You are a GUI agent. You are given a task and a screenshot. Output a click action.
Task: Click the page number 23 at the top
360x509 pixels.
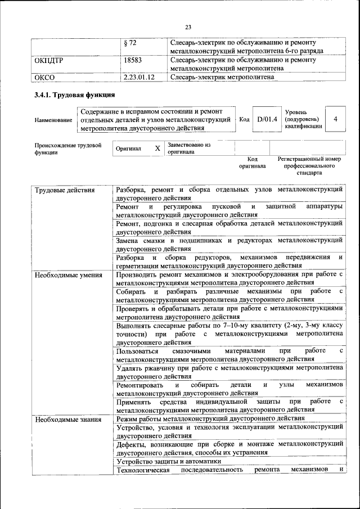pyautogui.click(x=188, y=26)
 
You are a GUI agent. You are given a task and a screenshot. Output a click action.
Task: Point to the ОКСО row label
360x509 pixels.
pyautogui.click(x=45, y=77)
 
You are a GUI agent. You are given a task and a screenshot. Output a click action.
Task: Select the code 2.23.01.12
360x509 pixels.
pyautogui.click(x=141, y=77)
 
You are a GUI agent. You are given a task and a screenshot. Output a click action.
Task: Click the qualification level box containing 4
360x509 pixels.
pyautogui.click(x=335, y=119)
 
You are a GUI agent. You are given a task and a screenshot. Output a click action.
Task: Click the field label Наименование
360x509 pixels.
pyautogui.click(x=53, y=120)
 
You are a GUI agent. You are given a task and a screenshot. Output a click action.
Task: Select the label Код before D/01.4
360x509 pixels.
pyautogui.click(x=244, y=119)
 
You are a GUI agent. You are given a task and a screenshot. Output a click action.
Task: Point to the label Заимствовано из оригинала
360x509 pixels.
pyautogui.click(x=188, y=148)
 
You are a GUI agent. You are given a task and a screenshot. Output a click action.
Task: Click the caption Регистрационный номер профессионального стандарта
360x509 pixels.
pyautogui.click(x=309, y=166)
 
